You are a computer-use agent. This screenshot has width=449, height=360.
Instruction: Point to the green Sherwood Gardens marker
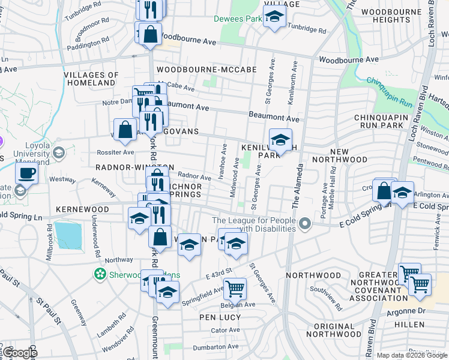(100, 274)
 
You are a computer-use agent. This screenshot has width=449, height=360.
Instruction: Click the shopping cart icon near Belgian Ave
(235, 288)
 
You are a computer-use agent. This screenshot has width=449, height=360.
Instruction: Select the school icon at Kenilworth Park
(280, 140)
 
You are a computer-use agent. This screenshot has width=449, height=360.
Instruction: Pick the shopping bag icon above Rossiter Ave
(125, 129)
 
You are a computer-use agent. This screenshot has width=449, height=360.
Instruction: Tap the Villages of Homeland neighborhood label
(89, 79)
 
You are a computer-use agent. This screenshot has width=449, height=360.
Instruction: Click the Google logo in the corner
(20, 353)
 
